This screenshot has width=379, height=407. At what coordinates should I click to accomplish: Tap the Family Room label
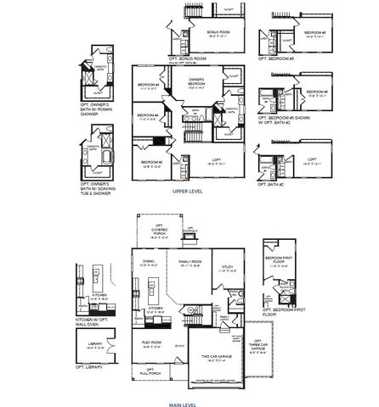(x=178, y=263)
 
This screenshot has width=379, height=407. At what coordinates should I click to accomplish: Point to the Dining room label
(x=149, y=263)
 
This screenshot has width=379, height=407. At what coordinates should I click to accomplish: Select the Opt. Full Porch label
(x=150, y=371)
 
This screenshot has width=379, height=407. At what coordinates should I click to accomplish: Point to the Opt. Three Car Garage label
(x=258, y=349)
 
